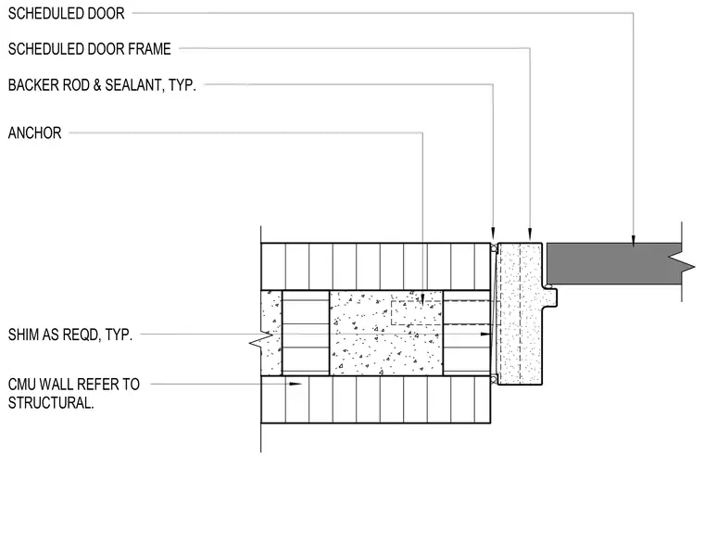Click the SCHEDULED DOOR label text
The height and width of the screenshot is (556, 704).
66,14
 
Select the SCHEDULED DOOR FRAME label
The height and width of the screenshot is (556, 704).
89,49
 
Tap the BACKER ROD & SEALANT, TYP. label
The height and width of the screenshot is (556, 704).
102,85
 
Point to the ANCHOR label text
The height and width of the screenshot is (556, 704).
34,133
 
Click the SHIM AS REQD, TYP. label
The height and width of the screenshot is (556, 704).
70,335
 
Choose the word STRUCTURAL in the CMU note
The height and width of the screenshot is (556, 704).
51,403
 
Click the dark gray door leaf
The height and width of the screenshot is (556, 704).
614,263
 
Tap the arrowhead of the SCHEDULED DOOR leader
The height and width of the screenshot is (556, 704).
634,241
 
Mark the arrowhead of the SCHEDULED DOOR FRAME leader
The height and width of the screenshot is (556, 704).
530,234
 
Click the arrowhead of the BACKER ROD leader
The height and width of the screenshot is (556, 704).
493,234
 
